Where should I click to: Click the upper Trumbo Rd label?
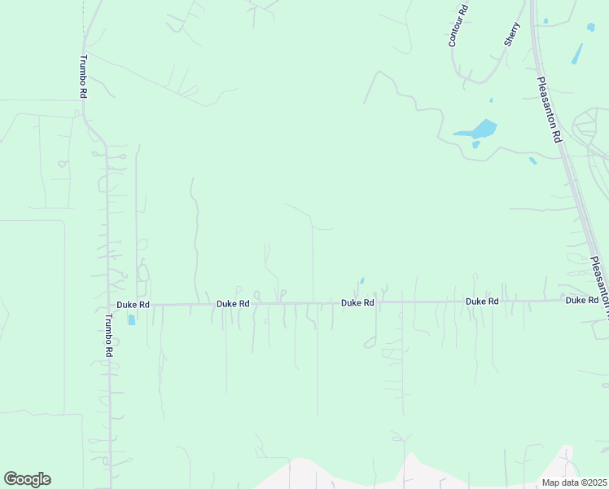pyautogui.click(x=83, y=77)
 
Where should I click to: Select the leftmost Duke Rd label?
pyautogui.click(x=133, y=304)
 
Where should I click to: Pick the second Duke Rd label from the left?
pyautogui.click(x=233, y=303)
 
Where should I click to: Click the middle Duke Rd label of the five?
pyautogui.click(x=357, y=302)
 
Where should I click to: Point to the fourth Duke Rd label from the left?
pyautogui.click(x=482, y=302)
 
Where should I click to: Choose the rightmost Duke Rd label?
pyautogui.click(x=581, y=301)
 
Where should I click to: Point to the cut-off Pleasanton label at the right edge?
pyautogui.click(x=599, y=281)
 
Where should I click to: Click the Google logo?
pyautogui.click(x=27, y=479)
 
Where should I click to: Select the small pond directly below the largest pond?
pyautogui.click(x=476, y=145)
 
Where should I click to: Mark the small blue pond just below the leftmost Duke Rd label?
pyautogui.click(x=132, y=319)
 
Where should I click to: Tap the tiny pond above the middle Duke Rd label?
pyautogui.click(x=361, y=281)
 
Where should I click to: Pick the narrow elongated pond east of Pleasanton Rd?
pyautogui.click(x=577, y=54)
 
